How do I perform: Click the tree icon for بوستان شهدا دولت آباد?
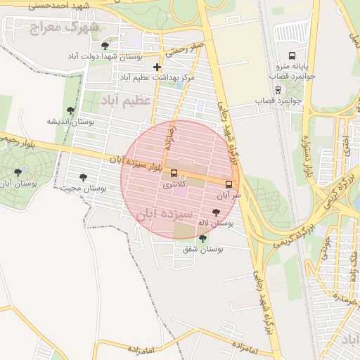point(105,45)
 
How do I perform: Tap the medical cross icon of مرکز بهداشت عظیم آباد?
point(157,67)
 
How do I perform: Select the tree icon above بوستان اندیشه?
point(70,110)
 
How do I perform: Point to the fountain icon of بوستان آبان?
point(18,172)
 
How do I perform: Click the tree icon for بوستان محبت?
point(83,178)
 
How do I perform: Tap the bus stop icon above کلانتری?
point(174,173)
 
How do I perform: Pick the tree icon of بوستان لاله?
point(215,212)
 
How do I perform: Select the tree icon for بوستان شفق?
point(202,238)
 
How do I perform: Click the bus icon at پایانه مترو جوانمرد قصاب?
point(292,57)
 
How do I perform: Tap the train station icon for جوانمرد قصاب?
point(278,89)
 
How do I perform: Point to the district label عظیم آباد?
point(127,101)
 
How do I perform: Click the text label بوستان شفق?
point(202,250)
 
